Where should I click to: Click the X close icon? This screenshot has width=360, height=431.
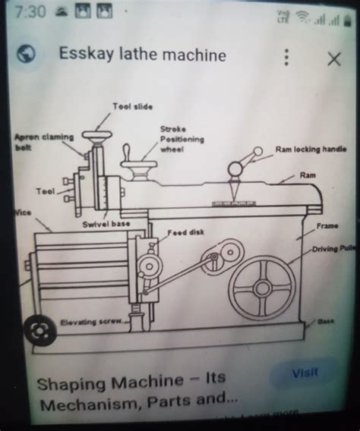pos(333,59)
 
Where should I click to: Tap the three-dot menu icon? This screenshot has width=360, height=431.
pos(286,58)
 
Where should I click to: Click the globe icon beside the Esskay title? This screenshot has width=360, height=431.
pos(27,55)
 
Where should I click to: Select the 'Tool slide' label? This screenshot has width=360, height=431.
pos(133,107)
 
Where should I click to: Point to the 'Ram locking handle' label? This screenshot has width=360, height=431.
pos(311,149)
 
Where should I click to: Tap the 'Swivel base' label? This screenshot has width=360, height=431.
pos(106,224)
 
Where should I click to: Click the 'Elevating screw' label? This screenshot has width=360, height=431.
pos(91,322)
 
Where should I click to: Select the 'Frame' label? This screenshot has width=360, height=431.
pos(327,226)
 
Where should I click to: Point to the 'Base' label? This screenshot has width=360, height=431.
pos(326,321)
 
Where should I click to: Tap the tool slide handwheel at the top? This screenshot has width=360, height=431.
pos(97,137)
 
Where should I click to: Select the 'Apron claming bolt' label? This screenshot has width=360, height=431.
pos(43,141)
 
